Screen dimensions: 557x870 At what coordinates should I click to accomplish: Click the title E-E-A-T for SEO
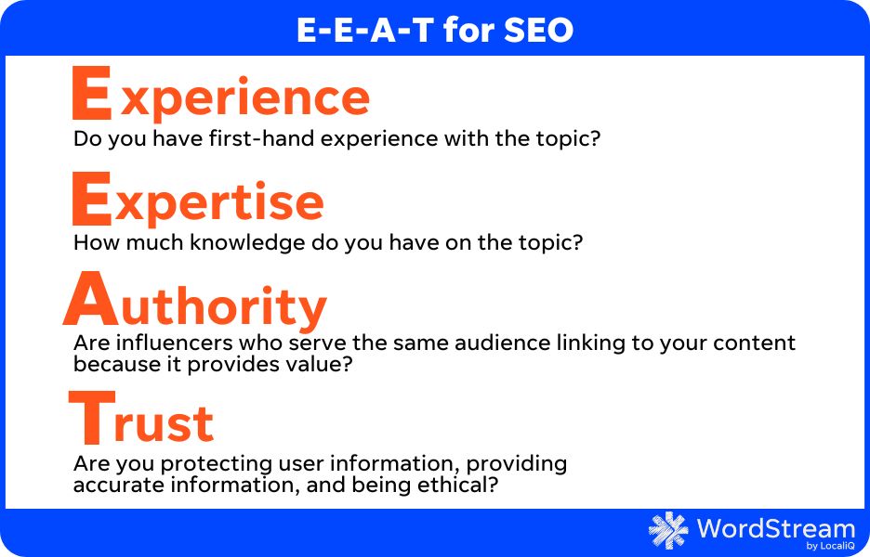(x=435, y=31)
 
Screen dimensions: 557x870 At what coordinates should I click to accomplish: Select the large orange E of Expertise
(x=93, y=199)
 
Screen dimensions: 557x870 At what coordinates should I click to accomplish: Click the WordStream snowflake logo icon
(x=668, y=530)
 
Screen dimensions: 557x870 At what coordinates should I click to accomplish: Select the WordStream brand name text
(x=774, y=528)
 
